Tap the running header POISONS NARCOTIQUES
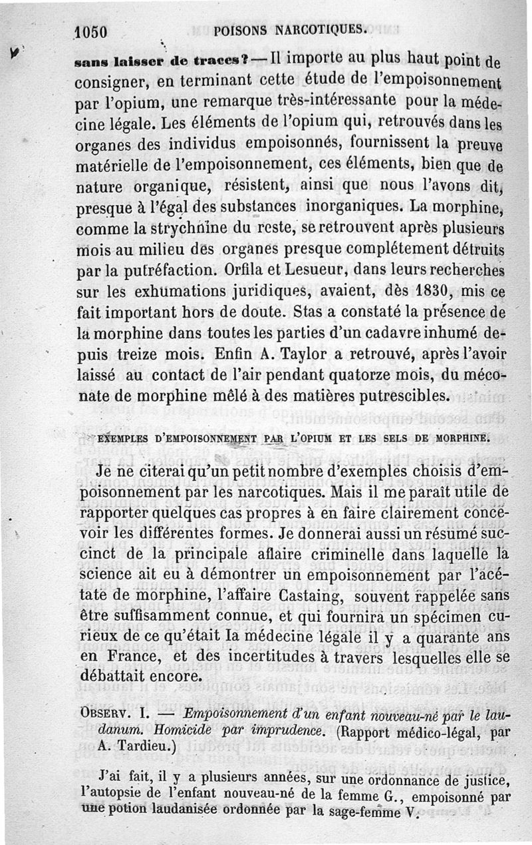[291, 29]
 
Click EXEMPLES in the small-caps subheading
[126, 438]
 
